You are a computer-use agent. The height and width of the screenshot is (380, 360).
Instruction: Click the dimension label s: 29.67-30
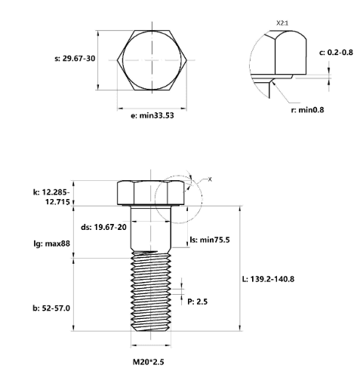click(x=75, y=59)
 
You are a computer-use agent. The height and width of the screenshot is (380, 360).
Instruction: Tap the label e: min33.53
click(x=152, y=115)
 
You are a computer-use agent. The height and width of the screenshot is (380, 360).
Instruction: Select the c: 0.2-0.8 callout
click(x=336, y=53)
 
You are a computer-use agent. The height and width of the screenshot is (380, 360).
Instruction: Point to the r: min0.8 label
click(x=307, y=110)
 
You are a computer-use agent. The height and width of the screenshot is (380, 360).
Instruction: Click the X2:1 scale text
click(x=282, y=23)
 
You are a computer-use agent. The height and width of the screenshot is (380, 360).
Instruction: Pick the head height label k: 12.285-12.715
click(x=51, y=197)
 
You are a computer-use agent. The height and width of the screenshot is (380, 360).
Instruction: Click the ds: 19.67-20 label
click(x=103, y=227)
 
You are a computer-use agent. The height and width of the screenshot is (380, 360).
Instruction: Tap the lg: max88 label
click(x=52, y=244)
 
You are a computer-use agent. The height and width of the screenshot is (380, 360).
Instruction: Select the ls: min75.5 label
click(x=210, y=240)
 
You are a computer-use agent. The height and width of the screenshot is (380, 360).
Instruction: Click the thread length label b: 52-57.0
click(x=51, y=308)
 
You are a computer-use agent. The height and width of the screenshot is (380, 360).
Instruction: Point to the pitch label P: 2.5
click(x=198, y=302)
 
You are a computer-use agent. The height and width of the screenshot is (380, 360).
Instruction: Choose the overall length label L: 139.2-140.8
click(x=268, y=279)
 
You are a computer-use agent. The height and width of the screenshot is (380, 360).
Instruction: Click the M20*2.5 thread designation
click(x=149, y=362)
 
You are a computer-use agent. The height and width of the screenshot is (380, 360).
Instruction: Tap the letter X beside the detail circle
click(x=210, y=179)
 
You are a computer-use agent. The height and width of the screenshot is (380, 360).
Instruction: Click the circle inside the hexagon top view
click(x=152, y=60)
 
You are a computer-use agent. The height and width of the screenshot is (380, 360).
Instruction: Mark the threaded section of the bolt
click(x=151, y=291)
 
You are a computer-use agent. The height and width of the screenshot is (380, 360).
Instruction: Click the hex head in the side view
click(x=151, y=193)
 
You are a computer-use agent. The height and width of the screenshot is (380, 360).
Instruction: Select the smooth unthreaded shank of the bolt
click(x=151, y=228)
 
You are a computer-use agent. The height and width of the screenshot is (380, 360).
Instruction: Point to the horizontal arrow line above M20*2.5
click(x=151, y=345)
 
